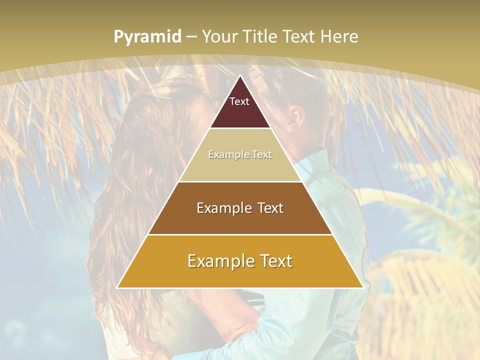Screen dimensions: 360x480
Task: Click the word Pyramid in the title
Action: click(x=147, y=37)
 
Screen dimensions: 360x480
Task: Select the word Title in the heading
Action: click(x=259, y=36)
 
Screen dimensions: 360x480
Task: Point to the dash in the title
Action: click(x=191, y=37)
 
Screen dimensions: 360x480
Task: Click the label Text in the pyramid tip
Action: click(x=239, y=101)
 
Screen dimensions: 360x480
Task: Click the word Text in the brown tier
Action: click(x=271, y=208)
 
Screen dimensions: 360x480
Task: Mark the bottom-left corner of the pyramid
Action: click(x=117, y=288)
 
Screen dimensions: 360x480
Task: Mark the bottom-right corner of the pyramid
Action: click(x=363, y=288)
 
